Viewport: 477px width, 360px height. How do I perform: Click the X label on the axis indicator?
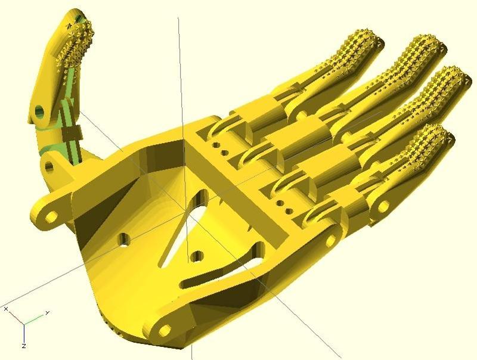pos(6,309)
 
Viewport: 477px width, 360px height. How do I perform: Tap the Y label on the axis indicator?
pos(47,312)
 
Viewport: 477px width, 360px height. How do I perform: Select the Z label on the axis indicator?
pos(23,346)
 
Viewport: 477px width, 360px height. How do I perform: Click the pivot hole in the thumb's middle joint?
pos(40,111)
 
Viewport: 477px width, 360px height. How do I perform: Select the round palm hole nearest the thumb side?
pos(123,240)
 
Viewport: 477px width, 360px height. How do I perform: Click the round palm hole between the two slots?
pos(197,257)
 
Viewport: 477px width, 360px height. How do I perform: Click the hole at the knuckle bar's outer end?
pos(332,241)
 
